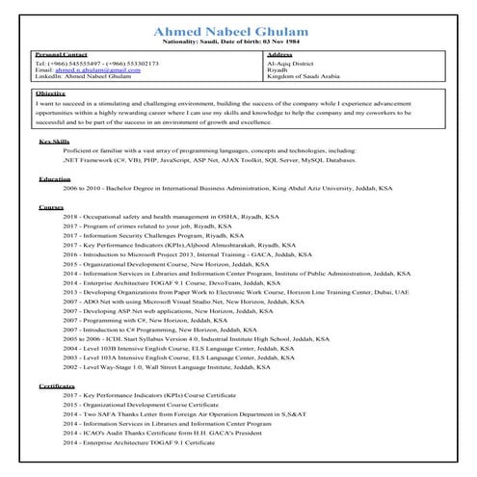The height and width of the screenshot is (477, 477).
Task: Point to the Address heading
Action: click(x=278, y=56)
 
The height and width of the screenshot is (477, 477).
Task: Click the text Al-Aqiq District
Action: click(x=290, y=64)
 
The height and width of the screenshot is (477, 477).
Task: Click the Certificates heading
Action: click(x=58, y=385)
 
